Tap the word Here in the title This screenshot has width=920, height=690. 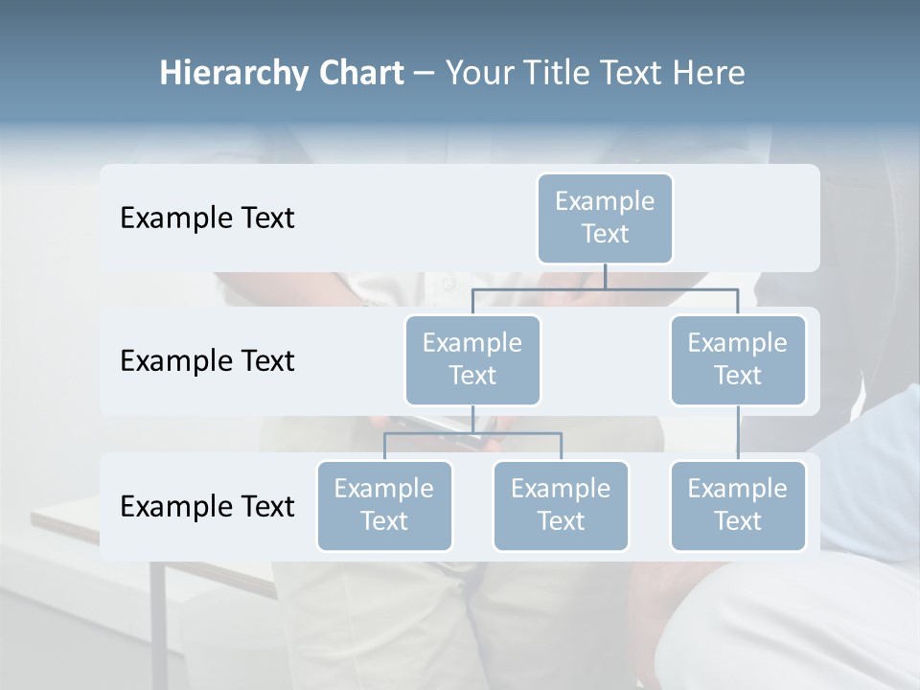pos(710,74)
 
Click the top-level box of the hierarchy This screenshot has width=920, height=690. pos(605,218)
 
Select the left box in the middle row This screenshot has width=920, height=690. pos(472,359)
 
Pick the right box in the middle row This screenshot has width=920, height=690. pos(738,359)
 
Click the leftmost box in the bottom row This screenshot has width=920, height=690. pos(384,505)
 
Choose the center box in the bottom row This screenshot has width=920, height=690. pos(561,505)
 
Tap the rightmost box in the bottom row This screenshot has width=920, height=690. pos(738,505)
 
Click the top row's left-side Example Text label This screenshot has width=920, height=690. pos(207,218)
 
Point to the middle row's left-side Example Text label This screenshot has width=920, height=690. pos(207,361)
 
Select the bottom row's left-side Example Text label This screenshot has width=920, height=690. pos(207,507)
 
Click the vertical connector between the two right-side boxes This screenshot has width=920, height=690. pos(738,432)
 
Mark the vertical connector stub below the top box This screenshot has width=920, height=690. pos(605,276)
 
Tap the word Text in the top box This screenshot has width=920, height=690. pos(605,234)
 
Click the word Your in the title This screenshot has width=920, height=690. pos(475,74)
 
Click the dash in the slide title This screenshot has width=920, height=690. pos(424,74)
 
